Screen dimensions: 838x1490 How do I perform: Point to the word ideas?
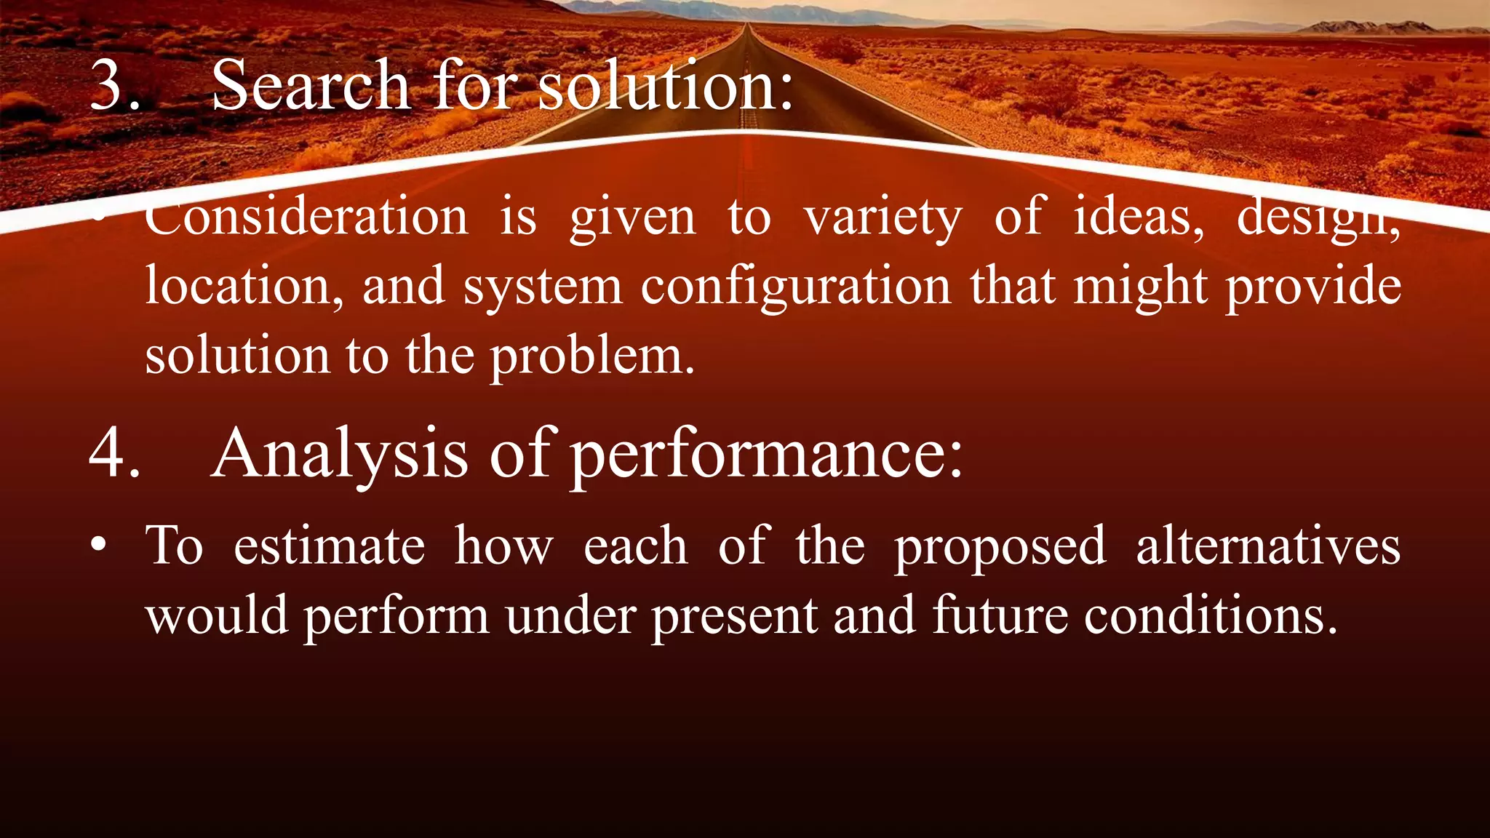[x=1138, y=217]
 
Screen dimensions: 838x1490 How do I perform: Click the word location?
[x=244, y=286]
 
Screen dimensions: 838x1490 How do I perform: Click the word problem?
[x=591, y=356]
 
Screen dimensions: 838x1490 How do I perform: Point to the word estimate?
[x=329, y=546]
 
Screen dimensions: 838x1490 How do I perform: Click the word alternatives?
[x=1267, y=546]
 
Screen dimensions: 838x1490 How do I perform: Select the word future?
[x=1000, y=615]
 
